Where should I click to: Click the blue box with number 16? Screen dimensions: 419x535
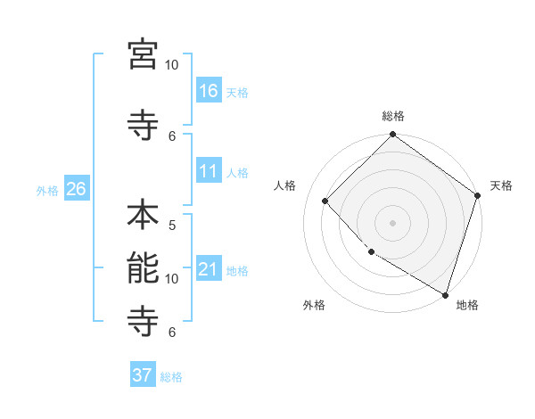(209, 90)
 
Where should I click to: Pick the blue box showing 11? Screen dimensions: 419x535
(209, 171)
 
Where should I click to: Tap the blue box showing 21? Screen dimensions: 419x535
(209, 268)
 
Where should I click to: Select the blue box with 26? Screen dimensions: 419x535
(76, 188)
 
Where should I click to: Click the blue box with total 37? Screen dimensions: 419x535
(143, 375)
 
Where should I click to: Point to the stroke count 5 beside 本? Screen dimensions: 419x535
(172, 225)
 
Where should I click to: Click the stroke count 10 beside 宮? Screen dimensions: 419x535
(172, 64)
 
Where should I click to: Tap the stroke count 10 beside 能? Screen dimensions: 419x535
(172, 278)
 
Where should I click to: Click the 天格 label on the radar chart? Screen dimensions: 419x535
(501, 185)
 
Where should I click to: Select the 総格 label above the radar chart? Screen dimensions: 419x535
(393, 116)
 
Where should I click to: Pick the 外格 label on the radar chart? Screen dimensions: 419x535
(314, 305)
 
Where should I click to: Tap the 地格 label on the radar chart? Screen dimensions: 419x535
(467, 305)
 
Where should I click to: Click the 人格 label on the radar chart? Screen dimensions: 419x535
(285, 185)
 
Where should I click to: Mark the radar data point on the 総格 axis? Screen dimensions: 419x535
(392, 136)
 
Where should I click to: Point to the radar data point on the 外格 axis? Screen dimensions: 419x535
(371, 252)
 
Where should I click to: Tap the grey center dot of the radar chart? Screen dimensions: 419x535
(392, 223)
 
